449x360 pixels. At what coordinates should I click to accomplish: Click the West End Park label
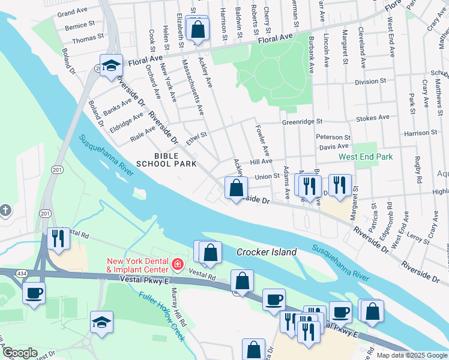366,157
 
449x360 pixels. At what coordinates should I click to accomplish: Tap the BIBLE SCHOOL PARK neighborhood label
166,160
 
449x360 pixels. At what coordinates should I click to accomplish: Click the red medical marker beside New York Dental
177,264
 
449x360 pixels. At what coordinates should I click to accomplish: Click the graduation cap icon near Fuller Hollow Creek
101,323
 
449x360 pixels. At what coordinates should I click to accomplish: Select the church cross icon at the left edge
5,210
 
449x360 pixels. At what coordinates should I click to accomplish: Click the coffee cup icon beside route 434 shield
34,293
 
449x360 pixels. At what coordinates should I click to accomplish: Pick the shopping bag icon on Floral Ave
197,29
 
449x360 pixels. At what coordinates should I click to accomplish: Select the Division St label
370,82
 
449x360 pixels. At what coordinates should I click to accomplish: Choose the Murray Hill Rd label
183,316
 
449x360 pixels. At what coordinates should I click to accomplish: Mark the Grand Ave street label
72,12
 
